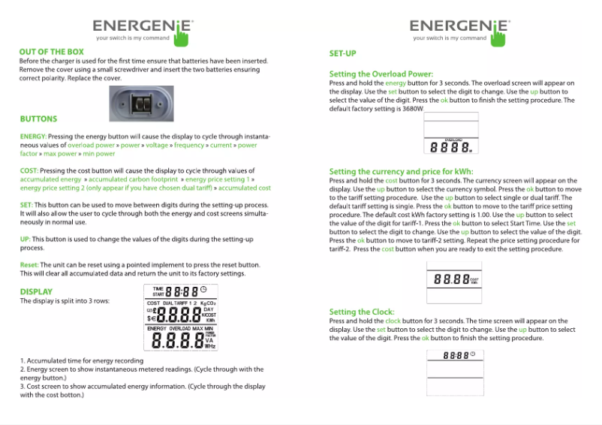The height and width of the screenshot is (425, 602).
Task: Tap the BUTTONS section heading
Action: [38, 119]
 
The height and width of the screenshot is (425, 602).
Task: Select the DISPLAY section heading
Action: [36, 291]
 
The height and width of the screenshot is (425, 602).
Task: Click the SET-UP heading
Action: [342, 54]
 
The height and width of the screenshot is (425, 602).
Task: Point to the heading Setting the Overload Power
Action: [381, 74]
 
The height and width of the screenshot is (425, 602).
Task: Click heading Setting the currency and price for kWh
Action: [401, 172]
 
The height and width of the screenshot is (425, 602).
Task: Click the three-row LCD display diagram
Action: [181, 319]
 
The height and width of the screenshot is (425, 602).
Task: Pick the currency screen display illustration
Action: [452, 280]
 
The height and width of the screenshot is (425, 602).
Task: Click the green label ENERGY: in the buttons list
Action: [35, 136]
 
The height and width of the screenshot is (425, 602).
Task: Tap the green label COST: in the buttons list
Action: [29, 171]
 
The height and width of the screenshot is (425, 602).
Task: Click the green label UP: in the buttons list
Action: [26, 239]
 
